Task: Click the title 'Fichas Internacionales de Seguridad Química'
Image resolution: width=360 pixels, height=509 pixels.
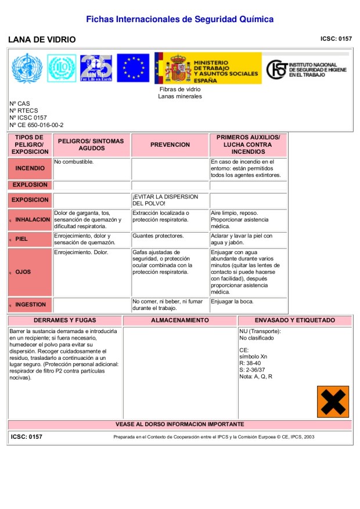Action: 179,19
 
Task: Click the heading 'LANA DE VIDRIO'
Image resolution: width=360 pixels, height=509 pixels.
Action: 42,39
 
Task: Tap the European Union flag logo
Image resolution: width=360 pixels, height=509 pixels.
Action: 133,68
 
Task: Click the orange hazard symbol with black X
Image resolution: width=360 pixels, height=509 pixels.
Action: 333,402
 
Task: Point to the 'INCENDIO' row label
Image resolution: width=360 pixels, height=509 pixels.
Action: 30,168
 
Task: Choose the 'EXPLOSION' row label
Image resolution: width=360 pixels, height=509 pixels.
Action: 30,185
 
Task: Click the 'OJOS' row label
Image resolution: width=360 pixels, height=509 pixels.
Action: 23,272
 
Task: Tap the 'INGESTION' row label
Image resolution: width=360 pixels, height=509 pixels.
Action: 30,304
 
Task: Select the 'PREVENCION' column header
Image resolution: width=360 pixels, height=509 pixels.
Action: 170,145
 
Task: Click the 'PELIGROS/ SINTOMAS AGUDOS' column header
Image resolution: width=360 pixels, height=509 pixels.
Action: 91,145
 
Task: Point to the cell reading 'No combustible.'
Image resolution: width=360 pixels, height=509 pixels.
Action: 74,161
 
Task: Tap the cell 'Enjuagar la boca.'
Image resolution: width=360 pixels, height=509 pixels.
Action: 232,302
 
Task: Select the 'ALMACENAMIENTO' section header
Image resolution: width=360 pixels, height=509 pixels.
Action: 180,320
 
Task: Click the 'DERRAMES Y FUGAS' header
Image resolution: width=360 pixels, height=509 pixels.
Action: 65,320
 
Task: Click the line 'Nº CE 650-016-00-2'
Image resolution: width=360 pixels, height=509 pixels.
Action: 37,125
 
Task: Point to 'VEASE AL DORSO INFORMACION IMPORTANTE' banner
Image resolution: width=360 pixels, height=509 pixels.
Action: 180,424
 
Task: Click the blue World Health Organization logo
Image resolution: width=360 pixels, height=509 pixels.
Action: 27,68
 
